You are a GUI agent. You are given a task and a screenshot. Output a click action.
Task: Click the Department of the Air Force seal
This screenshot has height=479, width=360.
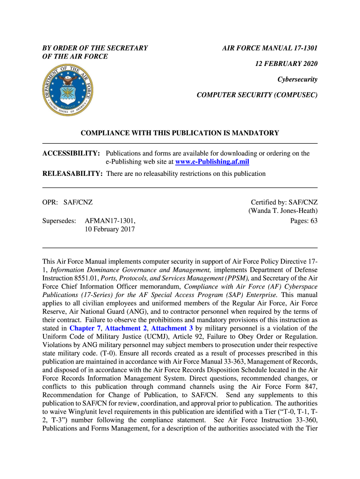[x=67, y=91]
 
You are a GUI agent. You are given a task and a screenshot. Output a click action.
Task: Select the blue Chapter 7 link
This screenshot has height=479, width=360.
[x=85, y=328]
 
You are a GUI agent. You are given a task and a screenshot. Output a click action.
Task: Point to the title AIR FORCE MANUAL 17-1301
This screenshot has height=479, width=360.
[x=270, y=48]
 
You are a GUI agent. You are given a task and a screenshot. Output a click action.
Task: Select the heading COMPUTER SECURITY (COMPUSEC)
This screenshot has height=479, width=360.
[x=257, y=95]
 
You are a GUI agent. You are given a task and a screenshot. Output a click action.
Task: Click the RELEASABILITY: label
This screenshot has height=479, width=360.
[x=72, y=174]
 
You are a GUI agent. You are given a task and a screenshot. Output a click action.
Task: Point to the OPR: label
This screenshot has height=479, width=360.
[x=50, y=202]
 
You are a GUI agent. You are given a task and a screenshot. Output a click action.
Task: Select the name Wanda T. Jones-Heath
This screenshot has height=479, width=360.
[x=283, y=211]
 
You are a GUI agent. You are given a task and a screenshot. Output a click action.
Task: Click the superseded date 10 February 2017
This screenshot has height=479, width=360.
[x=110, y=229]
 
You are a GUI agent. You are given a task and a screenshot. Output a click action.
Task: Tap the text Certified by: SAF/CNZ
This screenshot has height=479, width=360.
[x=284, y=202]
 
